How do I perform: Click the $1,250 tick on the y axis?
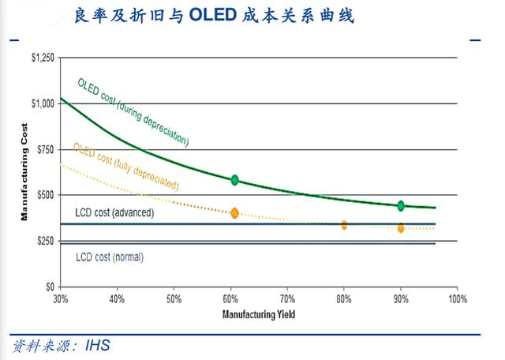click(43, 58)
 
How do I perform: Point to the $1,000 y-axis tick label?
click(43, 103)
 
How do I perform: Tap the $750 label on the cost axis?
click(46, 149)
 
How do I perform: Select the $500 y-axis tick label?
click(46, 195)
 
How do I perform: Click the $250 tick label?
click(46, 241)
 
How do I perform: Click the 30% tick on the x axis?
click(60, 299)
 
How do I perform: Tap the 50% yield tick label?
click(174, 299)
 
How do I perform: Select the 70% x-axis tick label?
click(287, 299)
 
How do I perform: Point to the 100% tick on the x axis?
click(458, 299)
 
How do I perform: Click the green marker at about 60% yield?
click(234, 180)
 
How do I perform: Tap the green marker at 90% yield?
click(401, 206)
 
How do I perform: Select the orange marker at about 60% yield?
click(234, 213)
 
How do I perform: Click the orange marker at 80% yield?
click(344, 225)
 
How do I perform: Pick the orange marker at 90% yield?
click(401, 228)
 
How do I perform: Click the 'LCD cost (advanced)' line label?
click(114, 213)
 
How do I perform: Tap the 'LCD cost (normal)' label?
click(110, 257)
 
